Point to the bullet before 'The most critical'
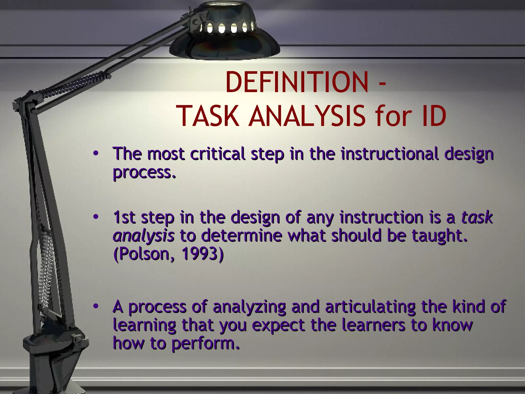click(96, 154)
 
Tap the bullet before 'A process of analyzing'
click(96, 306)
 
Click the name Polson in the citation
click(144, 254)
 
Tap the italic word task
click(477, 217)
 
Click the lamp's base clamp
click(55, 344)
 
